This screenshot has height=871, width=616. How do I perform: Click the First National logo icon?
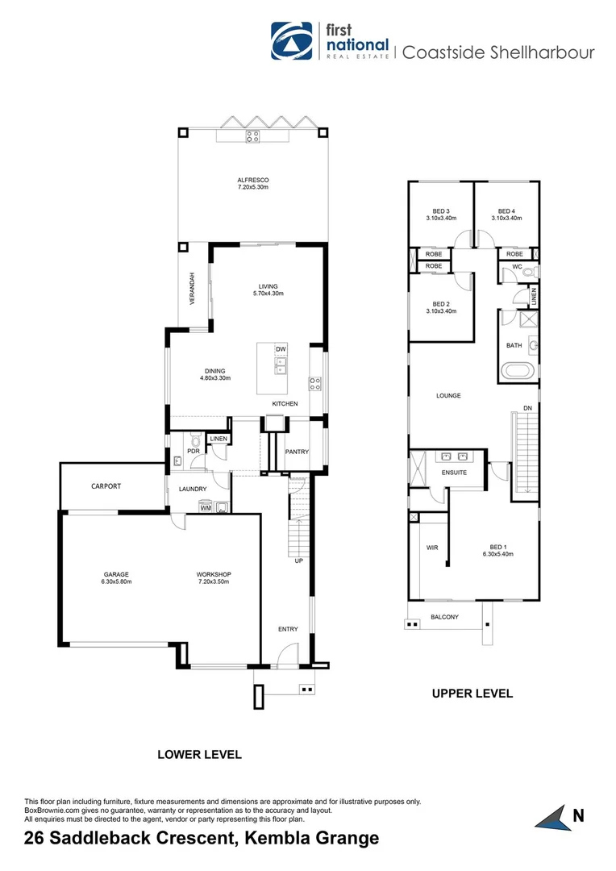point(294,41)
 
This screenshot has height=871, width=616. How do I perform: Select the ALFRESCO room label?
point(252,179)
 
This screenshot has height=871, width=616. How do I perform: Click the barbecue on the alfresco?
point(252,135)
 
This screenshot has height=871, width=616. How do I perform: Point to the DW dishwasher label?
point(281,349)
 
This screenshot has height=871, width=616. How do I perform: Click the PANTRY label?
point(297,452)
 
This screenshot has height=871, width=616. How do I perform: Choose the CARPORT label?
point(106,486)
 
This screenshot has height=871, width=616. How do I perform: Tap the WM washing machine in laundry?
point(206,507)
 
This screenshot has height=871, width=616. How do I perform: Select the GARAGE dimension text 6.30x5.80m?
point(116,581)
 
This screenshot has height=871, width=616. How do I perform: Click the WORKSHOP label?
point(214,574)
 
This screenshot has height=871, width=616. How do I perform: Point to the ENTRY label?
point(288,629)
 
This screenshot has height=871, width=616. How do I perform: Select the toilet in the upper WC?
point(528,273)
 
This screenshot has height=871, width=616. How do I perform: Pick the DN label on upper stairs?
point(527,408)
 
